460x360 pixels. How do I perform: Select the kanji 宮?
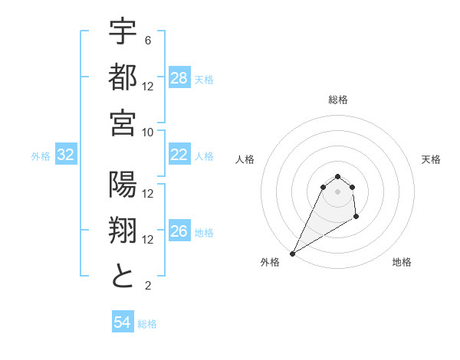123,122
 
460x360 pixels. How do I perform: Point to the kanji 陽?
123,186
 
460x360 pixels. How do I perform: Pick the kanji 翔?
123,231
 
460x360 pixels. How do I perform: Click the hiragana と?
123,277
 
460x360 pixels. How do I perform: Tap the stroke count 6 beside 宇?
148,40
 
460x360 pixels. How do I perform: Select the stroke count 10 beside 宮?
148,132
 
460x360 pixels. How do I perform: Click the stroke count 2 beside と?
148,286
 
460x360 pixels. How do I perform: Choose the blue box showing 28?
179,78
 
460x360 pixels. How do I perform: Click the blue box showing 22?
179,155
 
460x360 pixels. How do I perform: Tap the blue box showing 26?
179,232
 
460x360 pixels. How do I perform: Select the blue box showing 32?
66,155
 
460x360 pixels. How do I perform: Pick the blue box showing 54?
123,322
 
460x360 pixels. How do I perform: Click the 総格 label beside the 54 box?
147,324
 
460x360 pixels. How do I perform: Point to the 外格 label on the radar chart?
271,262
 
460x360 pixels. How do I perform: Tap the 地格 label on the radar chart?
402,262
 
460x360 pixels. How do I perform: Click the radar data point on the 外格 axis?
292,253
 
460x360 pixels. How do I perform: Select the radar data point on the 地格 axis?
356,218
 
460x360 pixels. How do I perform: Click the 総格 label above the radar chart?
337,100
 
